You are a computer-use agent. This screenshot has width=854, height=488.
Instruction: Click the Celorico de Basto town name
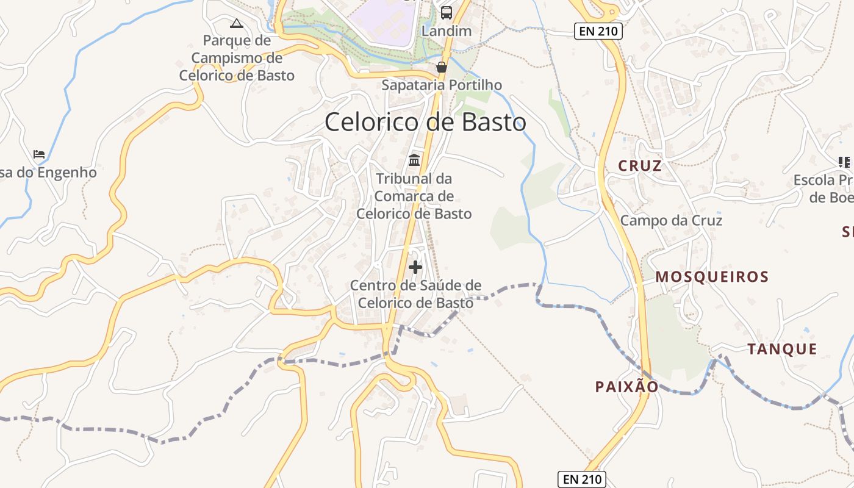425,123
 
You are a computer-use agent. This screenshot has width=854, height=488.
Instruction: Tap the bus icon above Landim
447,12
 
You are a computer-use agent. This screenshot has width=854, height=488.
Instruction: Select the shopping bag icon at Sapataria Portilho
442,66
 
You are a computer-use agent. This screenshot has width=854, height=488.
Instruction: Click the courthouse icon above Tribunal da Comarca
414,160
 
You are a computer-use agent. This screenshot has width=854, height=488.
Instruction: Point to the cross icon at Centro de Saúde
415,267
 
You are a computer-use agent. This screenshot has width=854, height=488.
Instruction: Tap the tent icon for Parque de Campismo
236,24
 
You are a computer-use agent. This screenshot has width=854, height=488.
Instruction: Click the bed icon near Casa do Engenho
39,154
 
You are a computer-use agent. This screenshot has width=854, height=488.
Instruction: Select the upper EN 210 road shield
598,31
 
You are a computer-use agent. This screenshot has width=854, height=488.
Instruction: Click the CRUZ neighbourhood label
640,166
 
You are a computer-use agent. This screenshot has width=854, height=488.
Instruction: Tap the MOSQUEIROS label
712,277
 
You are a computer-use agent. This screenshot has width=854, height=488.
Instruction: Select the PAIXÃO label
626,387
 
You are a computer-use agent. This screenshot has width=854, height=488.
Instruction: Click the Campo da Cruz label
671,220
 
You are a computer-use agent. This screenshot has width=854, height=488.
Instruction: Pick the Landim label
447,31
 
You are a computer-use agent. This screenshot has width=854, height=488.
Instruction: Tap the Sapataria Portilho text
442,85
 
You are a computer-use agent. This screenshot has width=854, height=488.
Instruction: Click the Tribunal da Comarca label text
414,196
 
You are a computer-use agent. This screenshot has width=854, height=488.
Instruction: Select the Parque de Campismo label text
237,58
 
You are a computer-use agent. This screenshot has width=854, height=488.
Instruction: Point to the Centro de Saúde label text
415,294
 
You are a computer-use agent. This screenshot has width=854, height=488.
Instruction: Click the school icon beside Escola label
844,162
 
